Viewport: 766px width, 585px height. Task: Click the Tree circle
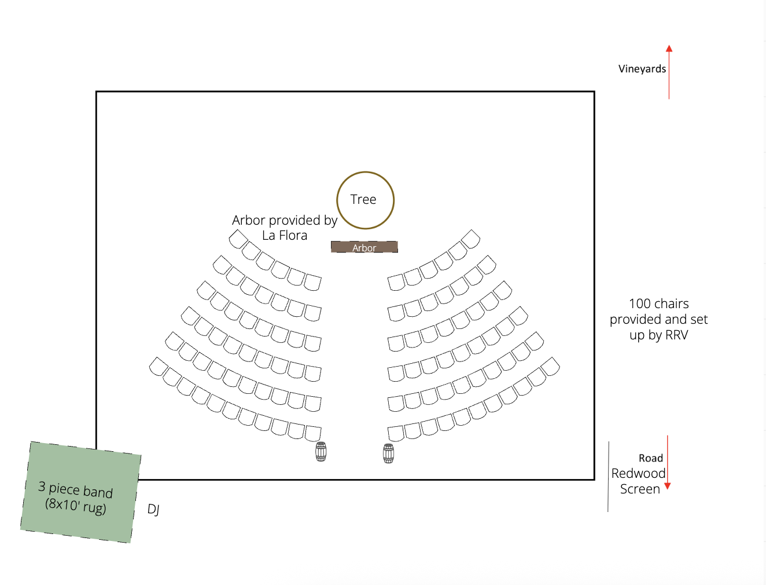(366, 184)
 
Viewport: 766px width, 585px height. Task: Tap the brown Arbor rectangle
(364, 247)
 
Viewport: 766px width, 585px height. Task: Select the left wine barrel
(321, 452)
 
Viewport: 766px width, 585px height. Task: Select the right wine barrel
(389, 454)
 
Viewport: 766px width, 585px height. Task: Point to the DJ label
(153, 509)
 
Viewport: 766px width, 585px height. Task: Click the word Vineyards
(642, 69)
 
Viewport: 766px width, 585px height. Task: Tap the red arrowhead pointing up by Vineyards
(669, 49)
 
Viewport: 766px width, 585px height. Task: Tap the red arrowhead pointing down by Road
(667, 486)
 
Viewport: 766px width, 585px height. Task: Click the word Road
(651, 458)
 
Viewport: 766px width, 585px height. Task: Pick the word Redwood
(638, 473)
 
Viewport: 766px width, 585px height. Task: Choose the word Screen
(640, 489)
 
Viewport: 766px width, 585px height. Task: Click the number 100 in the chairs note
(640, 304)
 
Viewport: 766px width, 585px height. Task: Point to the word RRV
(676, 335)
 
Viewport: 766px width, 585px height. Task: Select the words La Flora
(285, 235)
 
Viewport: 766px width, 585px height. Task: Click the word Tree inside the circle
(363, 199)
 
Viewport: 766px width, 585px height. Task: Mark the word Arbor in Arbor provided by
(248, 220)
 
